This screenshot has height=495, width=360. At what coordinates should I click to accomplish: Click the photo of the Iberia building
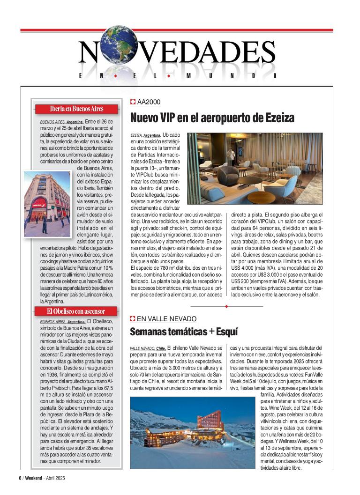pyautogui.click(x=47, y=203)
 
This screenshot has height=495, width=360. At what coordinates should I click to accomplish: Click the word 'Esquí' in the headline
pyautogui.click(x=227, y=332)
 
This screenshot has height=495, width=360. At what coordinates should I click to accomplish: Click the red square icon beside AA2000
pyautogui.click(x=133, y=102)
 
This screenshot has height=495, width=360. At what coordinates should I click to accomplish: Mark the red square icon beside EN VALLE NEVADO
pyautogui.click(x=133, y=319)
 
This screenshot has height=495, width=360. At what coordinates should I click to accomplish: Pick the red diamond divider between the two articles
pyautogui.click(x=226, y=306)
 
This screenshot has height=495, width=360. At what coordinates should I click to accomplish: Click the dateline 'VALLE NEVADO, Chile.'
pyautogui.click(x=148, y=348)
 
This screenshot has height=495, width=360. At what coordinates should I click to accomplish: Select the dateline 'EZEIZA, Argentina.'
pyautogui.click(x=145, y=135)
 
